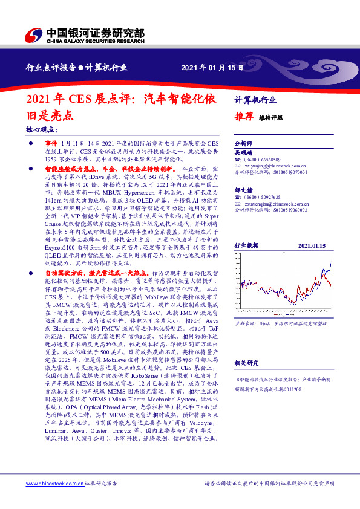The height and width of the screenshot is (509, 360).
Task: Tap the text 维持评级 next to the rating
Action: (x=270, y=118)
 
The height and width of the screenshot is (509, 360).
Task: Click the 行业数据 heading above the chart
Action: (x=246, y=246)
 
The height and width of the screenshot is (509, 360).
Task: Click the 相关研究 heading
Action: (x=246, y=363)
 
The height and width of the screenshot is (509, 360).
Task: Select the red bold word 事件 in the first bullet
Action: (x=52, y=140)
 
